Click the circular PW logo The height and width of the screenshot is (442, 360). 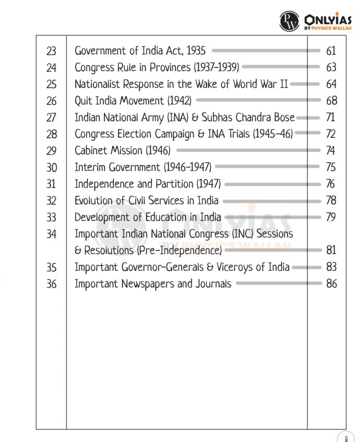click(290, 21)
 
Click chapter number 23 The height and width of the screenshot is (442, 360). click(51, 51)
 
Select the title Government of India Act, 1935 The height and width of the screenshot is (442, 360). click(140, 51)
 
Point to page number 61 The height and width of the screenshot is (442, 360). click(331, 51)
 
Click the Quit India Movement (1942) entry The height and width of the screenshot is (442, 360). click(133, 100)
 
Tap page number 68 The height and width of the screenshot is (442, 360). click(331, 100)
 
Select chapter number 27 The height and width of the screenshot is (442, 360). click(51, 117)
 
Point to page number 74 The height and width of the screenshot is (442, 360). click(331, 151)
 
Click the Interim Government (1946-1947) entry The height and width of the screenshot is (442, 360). click(143, 167)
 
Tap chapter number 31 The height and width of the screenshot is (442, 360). click(51, 184)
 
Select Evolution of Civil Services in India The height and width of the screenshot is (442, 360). click(147, 200)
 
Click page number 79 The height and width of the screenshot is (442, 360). click(331, 217)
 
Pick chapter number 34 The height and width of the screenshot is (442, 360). click(51, 234)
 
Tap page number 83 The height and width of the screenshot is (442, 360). click(331, 267)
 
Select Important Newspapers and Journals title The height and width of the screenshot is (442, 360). click(153, 284)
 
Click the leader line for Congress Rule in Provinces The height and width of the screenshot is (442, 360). click(281, 67)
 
